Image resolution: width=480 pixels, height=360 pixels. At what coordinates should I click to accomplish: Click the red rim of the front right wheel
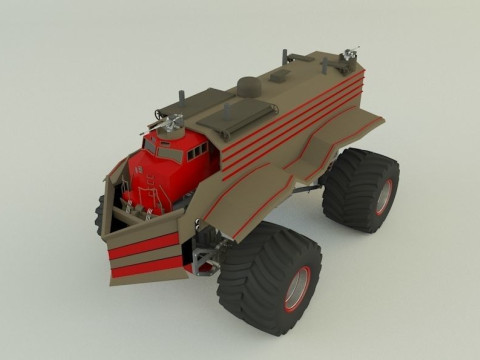click(x=298, y=288)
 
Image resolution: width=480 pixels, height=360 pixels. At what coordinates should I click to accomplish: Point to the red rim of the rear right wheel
click(x=383, y=197)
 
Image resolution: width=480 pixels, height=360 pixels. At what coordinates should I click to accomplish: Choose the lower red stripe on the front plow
click(x=146, y=268)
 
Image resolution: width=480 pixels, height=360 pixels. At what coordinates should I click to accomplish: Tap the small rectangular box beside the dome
click(x=283, y=75)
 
